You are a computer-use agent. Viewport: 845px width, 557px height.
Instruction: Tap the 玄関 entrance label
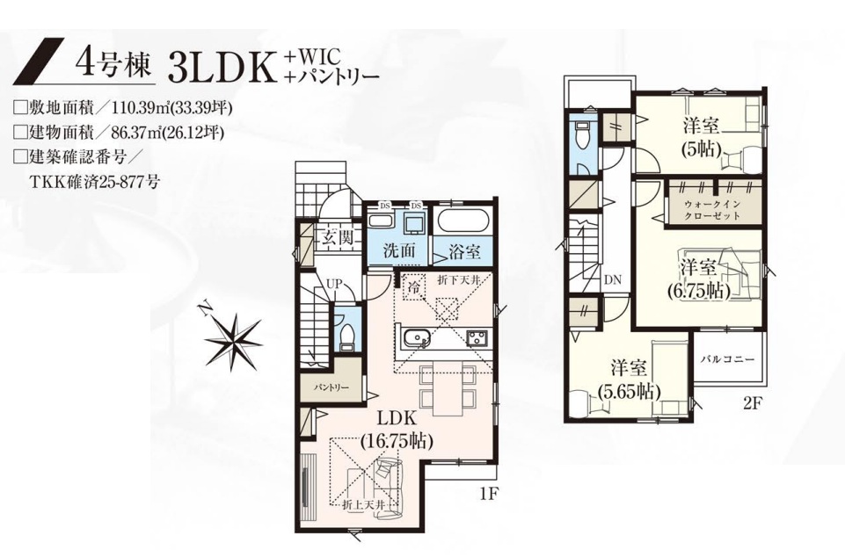point(338,237)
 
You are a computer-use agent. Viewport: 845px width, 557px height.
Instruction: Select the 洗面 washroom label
point(399,250)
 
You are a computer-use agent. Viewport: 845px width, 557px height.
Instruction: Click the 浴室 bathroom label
point(464,251)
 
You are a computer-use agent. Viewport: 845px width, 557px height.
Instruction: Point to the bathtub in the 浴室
point(463,221)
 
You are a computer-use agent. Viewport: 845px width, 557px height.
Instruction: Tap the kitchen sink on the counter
point(415,338)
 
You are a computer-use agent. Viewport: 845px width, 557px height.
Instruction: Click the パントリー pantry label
point(331,387)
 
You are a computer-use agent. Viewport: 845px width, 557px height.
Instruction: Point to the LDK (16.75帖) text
point(396,430)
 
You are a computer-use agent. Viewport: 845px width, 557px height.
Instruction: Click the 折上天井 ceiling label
point(364,505)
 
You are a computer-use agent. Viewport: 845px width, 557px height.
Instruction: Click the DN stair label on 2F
point(613,280)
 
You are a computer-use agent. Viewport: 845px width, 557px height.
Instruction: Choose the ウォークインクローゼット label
point(712,210)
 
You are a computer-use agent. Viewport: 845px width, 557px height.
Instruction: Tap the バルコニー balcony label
point(727,359)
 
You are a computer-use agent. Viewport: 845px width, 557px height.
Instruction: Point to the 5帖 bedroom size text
point(701,148)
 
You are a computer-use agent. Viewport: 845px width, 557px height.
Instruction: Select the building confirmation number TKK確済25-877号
point(94,182)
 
